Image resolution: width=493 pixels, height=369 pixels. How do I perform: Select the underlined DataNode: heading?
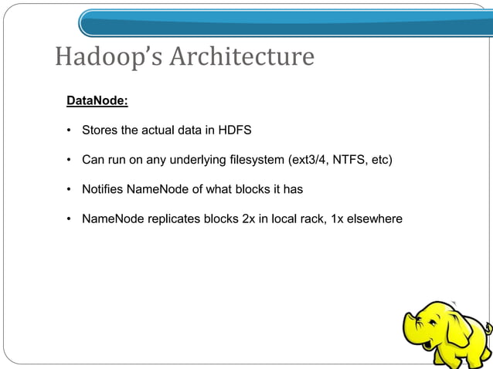(x=97, y=100)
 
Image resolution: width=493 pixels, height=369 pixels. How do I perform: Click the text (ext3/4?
(x=308, y=161)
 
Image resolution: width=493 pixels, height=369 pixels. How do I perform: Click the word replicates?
(x=172, y=220)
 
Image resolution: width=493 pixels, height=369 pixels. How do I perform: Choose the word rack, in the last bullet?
(x=311, y=220)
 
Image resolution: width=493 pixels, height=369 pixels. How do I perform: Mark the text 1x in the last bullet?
(x=337, y=220)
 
